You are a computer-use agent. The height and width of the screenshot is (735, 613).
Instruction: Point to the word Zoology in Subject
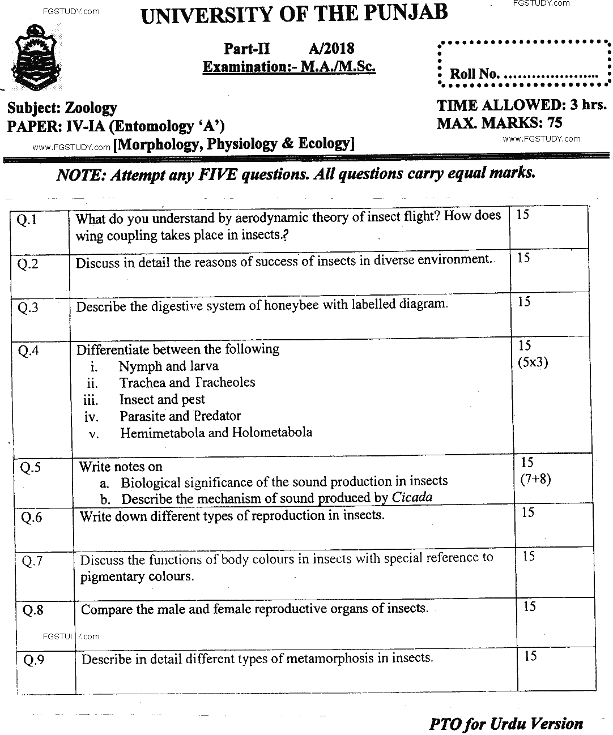[91, 108]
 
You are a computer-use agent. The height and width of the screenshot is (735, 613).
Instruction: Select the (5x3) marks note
[533, 362]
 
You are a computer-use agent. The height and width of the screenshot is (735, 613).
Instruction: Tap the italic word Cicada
[412, 498]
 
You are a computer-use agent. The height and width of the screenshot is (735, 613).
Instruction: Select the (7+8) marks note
[535, 479]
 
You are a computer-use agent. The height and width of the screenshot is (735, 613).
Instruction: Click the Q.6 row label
[32, 518]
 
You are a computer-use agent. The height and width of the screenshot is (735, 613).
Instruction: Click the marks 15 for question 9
[530, 657]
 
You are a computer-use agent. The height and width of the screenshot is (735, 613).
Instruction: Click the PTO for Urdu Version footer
[506, 724]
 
